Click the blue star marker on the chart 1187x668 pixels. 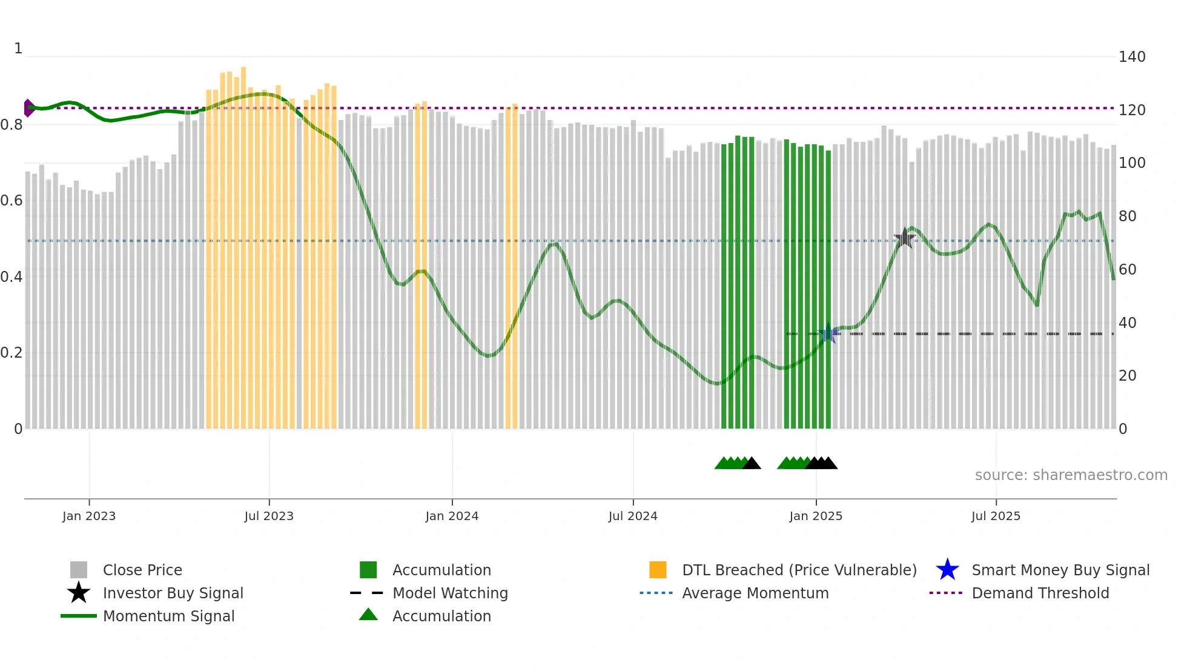(828, 333)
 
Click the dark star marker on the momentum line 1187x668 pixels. (904, 238)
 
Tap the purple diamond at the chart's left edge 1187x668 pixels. (28, 108)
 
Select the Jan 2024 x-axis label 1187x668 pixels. (452, 516)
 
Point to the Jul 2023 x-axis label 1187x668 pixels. (269, 516)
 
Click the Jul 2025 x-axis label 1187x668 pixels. (996, 516)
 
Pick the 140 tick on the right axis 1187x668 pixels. (1132, 57)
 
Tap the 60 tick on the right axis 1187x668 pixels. (1127, 269)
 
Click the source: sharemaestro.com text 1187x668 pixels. (1071, 475)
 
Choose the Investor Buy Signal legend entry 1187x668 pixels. (173, 593)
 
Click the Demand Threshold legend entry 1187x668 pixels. (1040, 593)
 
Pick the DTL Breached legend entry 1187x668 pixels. (799, 570)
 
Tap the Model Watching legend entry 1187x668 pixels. (449, 593)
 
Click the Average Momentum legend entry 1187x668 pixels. (755, 593)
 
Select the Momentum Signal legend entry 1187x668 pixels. (168, 616)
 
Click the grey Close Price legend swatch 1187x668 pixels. (79, 570)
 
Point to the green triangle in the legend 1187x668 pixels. (368, 615)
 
